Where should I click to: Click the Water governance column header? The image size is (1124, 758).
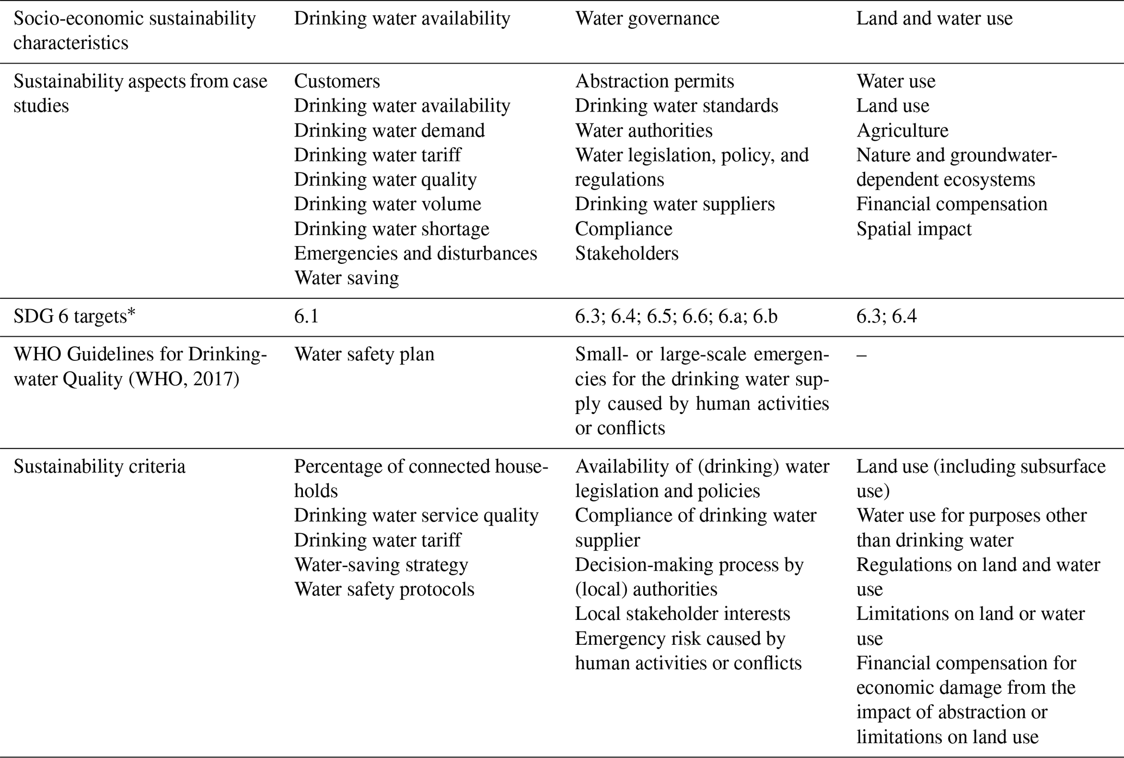click(x=647, y=19)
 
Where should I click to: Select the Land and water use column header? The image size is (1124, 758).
click(x=934, y=19)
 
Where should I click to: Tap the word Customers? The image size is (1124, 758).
click(x=337, y=81)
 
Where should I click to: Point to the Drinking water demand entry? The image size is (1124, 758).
click(x=389, y=131)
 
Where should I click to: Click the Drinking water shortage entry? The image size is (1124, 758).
click(x=392, y=229)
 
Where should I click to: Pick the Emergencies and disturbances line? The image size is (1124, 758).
click(x=415, y=254)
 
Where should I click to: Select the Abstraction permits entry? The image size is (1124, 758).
click(x=655, y=81)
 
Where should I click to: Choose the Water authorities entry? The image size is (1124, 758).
click(x=644, y=131)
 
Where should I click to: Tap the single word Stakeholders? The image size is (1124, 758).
click(x=627, y=254)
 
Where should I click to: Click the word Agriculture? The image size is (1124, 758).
click(x=902, y=131)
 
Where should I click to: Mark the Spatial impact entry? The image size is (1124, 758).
click(x=914, y=229)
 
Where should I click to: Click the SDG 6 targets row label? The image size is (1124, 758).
click(x=74, y=317)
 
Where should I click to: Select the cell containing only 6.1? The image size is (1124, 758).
click(x=306, y=317)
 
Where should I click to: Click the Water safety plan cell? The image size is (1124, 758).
click(x=364, y=355)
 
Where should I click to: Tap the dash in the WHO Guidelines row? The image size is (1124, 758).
click(x=861, y=355)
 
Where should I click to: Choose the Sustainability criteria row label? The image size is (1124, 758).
click(x=100, y=467)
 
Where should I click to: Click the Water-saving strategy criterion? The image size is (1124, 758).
click(x=381, y=565)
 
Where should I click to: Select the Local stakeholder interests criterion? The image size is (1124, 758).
click(x=682, y=614)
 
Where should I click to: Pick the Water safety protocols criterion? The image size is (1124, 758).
click(x=384, y=589)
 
